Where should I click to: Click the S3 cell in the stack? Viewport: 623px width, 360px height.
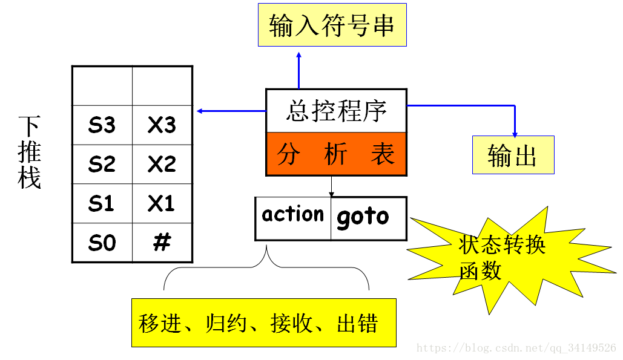102,125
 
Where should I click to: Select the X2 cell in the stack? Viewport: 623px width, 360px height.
162,164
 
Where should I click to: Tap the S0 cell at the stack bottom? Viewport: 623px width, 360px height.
102,243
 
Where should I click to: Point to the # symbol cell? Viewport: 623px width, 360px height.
162,243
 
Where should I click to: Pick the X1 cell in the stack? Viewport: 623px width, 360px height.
162,203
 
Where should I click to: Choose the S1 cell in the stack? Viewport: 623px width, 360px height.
102,203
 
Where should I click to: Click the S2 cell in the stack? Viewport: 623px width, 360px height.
102,164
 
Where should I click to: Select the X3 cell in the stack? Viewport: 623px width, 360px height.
162,125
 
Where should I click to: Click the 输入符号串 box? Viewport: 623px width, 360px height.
332,25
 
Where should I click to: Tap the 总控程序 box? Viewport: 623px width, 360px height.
336,111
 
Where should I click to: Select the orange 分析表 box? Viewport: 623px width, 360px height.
336,154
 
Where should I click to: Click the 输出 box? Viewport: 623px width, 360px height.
513,155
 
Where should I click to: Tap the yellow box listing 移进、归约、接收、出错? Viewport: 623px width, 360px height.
263,322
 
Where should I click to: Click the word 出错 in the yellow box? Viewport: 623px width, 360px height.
357,324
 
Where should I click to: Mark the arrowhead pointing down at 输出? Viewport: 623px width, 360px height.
515,133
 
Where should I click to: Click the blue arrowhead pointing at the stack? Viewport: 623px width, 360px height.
200,111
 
